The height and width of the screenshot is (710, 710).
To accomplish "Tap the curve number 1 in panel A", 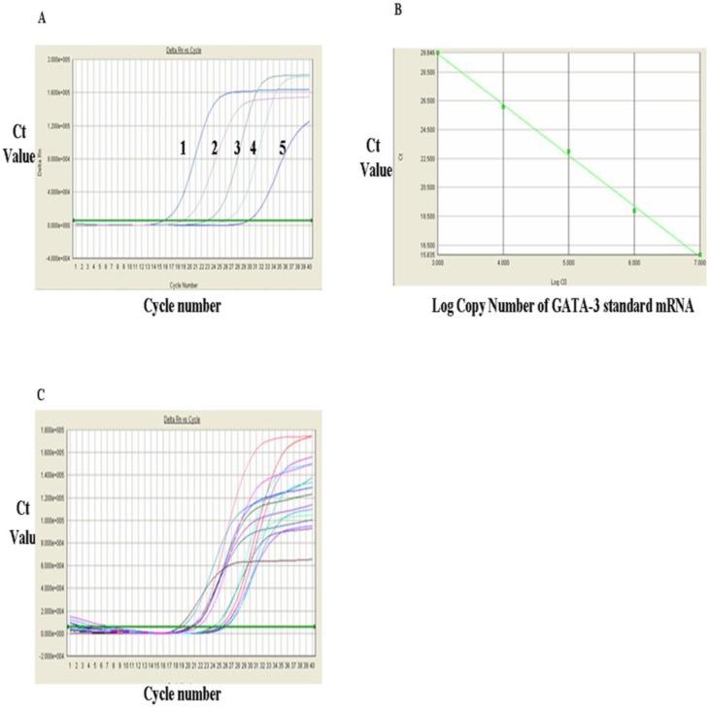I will pos(182,147).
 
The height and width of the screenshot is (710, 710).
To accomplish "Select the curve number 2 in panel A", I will pos(213,147).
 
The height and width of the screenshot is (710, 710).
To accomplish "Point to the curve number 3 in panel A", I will pos(236,147).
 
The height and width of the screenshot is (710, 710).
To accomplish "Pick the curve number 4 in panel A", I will pos(254,147).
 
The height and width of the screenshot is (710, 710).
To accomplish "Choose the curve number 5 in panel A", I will pos(284,149).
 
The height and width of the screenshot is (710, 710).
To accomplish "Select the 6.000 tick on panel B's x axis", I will pos(634,262).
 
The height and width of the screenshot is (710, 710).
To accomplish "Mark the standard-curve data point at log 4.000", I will pos(503,106).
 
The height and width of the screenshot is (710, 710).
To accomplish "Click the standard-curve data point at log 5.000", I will pos(569,152).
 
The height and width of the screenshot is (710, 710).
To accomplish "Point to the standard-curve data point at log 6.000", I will pos(634,210).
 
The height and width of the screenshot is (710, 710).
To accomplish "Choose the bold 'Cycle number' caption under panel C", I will pos(182,693).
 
